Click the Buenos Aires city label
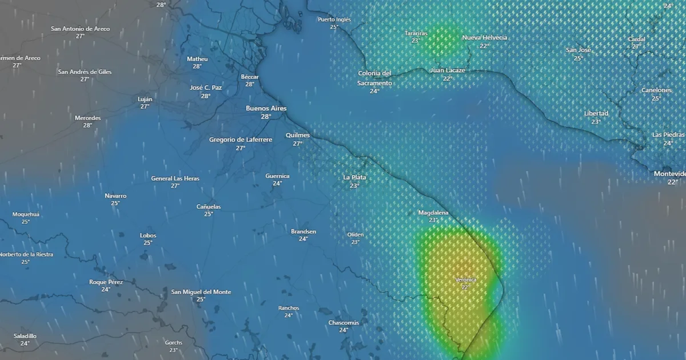coord(266,108)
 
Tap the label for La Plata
coord(354,177)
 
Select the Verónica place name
coord(466,279)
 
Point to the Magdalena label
coord(433,213)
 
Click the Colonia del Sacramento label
coord(374,78)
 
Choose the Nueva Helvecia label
coord(484,38)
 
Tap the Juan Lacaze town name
coord(447,70)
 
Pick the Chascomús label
coord(344,322)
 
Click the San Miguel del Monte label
coord(201,292)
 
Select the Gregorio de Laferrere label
coord(240,139)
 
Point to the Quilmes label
coord(297,135)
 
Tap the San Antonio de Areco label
coord(80,29)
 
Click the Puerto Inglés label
coord(334,19)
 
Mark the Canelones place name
coord(656,90)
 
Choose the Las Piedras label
coord(668,135)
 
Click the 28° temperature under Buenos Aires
coord(266,117)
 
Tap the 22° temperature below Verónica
coord(466,287)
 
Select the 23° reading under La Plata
coord(354,186)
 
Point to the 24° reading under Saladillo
coord(25,343)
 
